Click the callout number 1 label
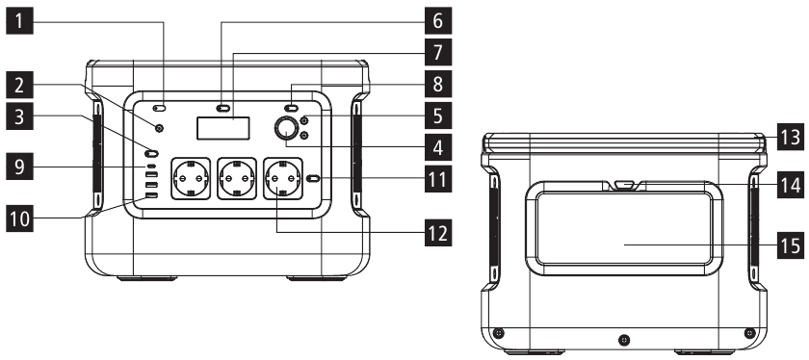[19, 22]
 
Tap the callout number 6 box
[438, 21]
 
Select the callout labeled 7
[438, 53]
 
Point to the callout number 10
[19, 219]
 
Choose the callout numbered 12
[438, 233]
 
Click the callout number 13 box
[791, 137]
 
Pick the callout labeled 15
[791, 245]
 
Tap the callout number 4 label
[438, 147]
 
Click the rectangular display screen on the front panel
[223, 127]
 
